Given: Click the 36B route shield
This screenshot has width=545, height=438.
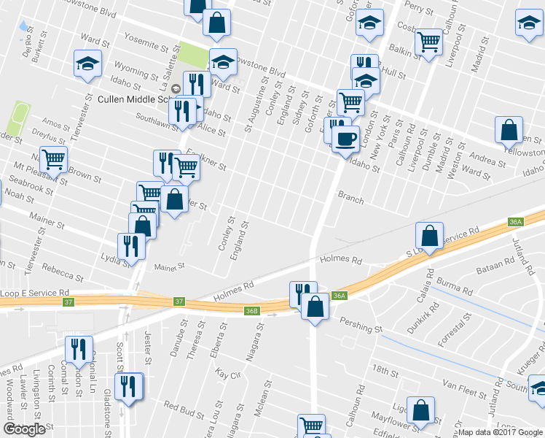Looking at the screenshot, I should point(251,311).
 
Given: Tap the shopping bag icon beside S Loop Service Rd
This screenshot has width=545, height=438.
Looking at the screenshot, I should point(430,235).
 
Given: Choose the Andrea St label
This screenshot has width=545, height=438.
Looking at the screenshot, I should point(485,159).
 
